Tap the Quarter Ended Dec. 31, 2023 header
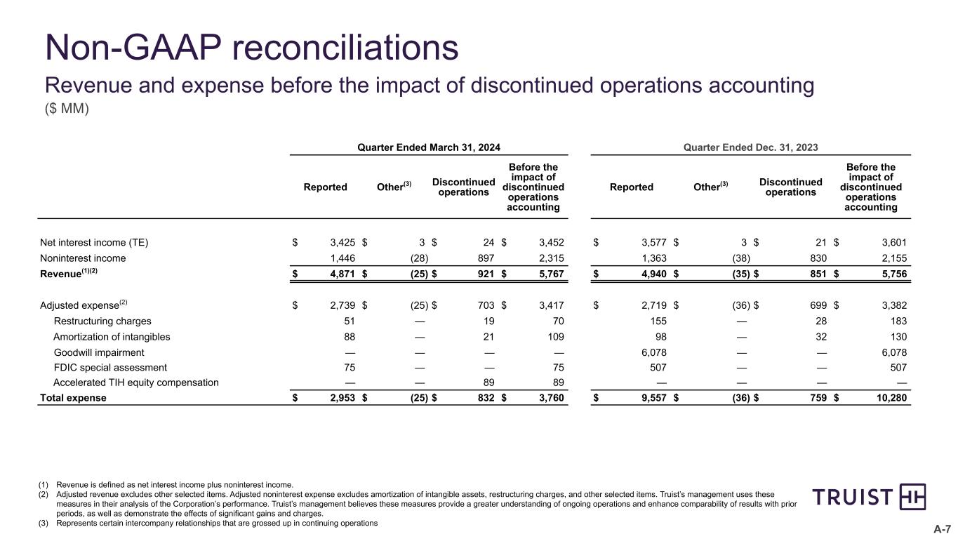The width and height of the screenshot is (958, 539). [750, 147]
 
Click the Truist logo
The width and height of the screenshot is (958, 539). [869, 497]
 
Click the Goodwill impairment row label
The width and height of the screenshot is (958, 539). [99, 352]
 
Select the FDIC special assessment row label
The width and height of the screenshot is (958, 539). [110, 367]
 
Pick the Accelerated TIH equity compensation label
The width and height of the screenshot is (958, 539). [136, 382]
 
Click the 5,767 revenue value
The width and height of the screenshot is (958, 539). [550, 273]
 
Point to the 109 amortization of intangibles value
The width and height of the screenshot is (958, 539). [555, 337]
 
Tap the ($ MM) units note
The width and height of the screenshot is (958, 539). [67, 111]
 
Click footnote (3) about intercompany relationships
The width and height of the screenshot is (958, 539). [216, 523]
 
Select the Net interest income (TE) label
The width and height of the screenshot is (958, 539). [94, 244]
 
